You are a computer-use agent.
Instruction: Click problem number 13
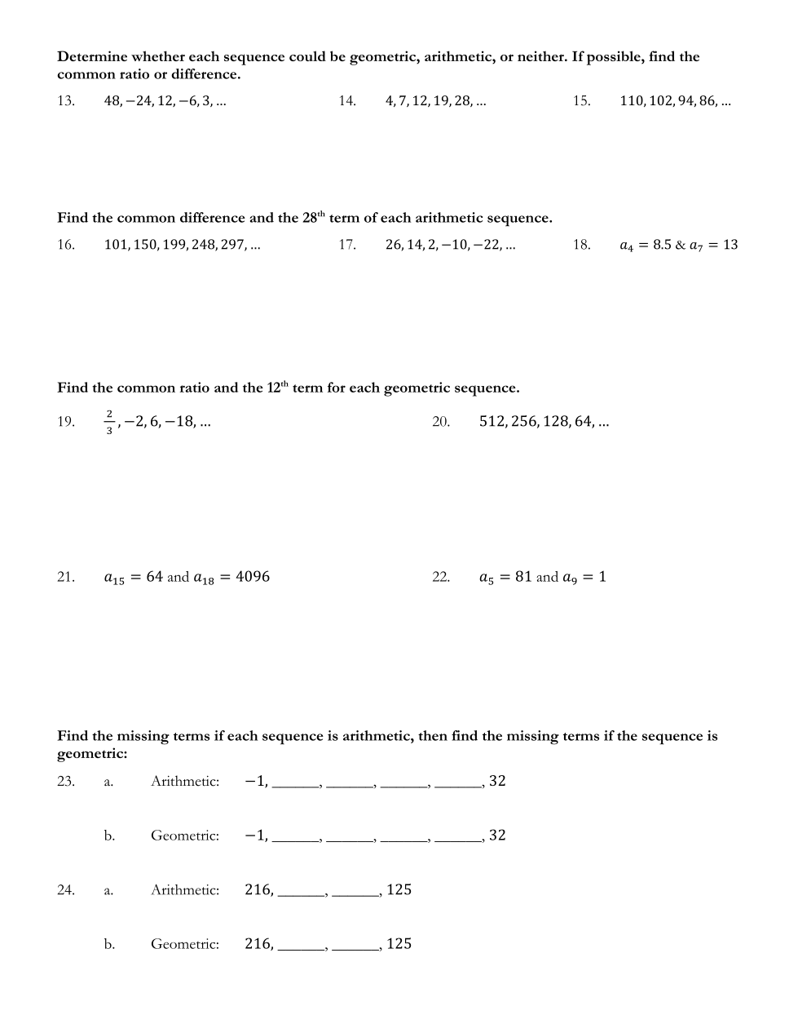click(65, 101)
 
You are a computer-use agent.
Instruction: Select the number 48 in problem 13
click(112, 101)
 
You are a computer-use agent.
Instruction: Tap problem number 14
click(347, 101)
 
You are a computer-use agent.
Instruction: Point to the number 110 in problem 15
click(631, 101)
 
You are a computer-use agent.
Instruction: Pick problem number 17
click(347, 245)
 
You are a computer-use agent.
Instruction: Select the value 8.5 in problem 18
click(663, 245)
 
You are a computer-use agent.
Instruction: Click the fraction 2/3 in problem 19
click(109, 422)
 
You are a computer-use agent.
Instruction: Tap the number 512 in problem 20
click(492, 422)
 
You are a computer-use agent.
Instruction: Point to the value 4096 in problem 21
click(253, 577)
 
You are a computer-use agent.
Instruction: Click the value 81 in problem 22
click(523, 577)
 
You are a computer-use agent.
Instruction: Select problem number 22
click(441, 578)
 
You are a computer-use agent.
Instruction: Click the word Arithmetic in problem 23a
click(185, 782)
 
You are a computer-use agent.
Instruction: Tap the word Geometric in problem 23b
click(185, 836)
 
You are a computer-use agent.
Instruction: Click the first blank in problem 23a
click(296, 783)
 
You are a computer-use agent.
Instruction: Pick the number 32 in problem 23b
click(497, 836)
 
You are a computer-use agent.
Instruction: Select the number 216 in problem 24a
click(258, 890)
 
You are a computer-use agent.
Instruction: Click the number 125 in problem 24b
click(399, 944)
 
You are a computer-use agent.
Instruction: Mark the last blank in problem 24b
click(355, 947)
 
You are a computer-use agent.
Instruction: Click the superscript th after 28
click(321, 215)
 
